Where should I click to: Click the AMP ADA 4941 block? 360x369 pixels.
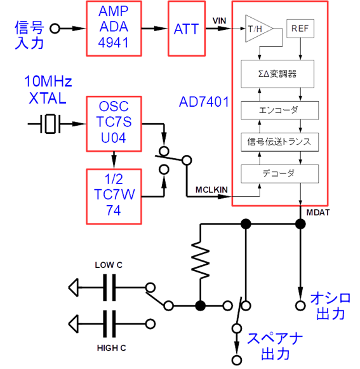coord(114,29)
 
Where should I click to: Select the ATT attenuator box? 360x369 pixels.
coord(186,29)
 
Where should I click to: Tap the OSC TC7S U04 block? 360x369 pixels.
coord(114,124)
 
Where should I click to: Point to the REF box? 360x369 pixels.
coord(300,29)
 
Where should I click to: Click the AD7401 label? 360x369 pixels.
coord(205,102)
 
